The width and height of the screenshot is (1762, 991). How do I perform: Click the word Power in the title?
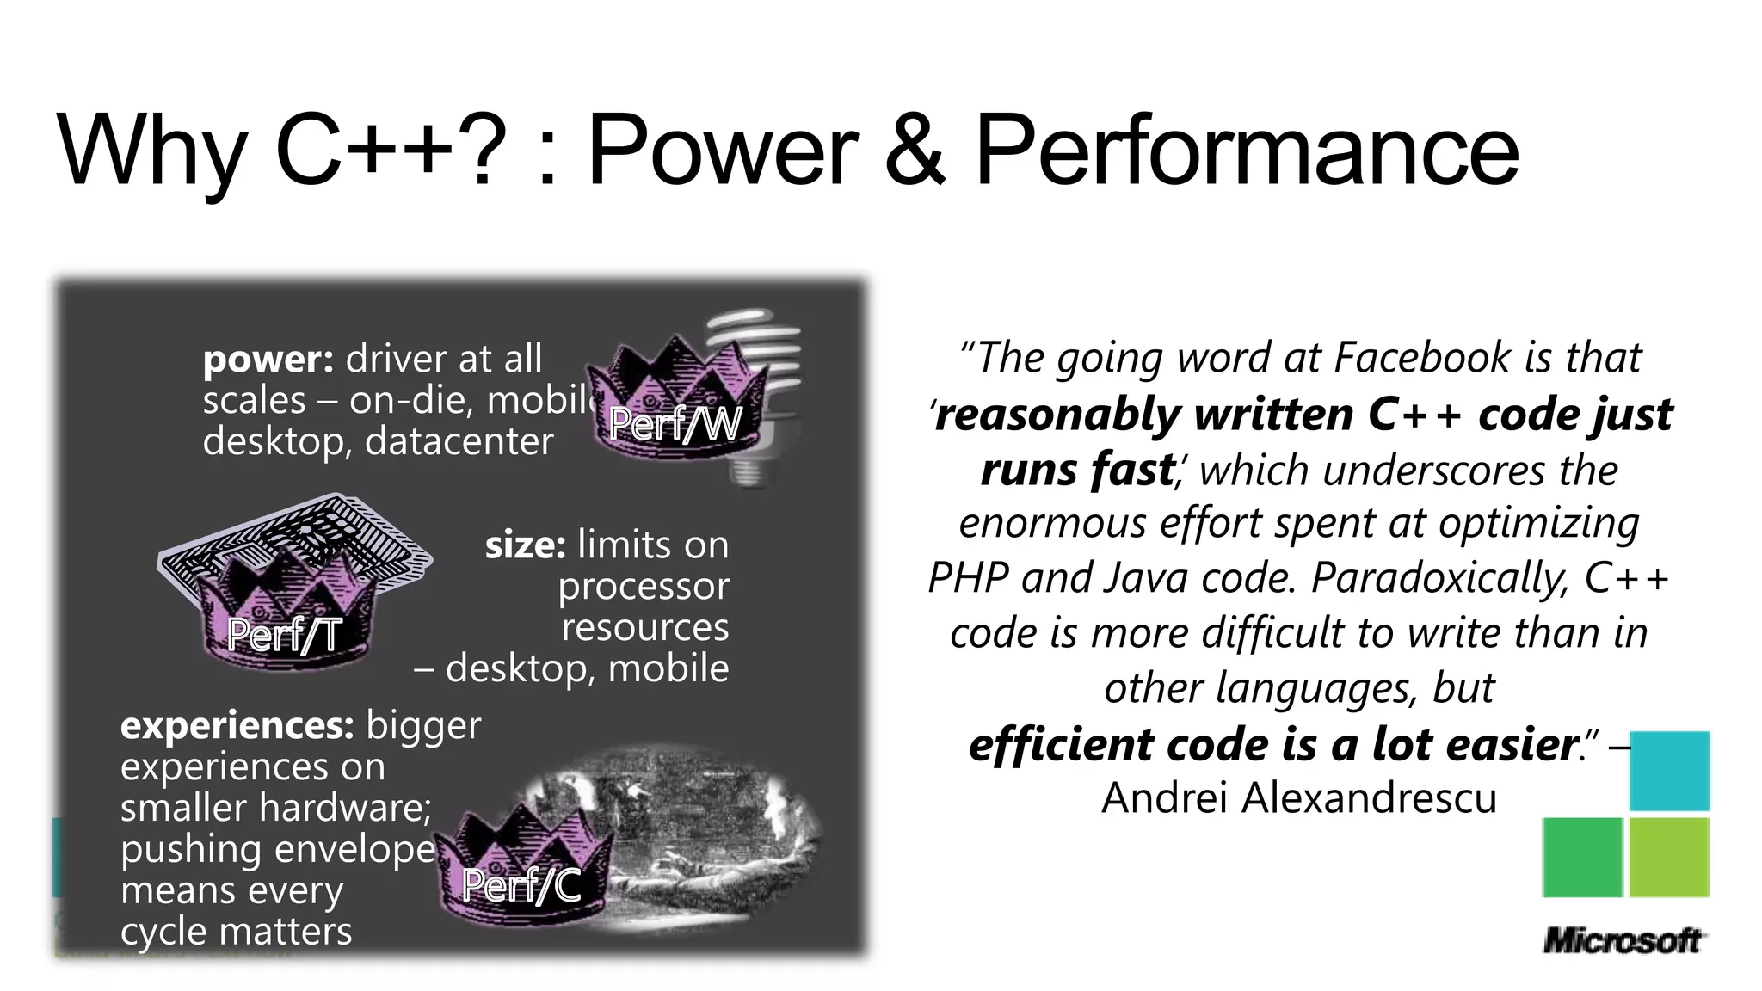pos(723,151)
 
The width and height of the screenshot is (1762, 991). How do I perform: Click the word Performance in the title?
pos(1247,151)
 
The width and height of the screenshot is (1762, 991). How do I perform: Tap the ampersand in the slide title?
pos(915,151)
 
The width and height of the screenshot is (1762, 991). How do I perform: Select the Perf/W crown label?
pos(675,423)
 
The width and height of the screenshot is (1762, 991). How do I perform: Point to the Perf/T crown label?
pos(284,636)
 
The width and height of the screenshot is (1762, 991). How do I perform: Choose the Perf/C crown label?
pos(521,885)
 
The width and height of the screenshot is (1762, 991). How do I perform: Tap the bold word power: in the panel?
pos(268,360)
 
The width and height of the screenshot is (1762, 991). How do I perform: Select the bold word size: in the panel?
pos(525,545)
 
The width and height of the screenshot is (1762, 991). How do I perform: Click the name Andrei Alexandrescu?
pos(1299,797)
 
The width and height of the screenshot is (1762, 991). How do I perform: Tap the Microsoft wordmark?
pos(1623,940)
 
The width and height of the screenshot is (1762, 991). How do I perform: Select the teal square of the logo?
pos(1669,771)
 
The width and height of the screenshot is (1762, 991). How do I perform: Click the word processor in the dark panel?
pos(643,588)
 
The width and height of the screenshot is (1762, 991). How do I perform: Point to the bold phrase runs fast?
pos(1077,471)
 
